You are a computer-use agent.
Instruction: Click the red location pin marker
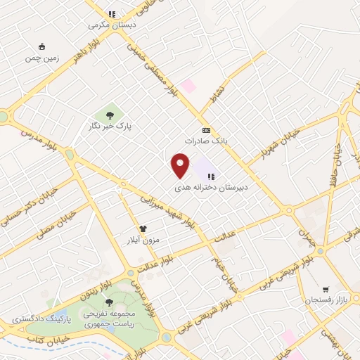click(181, 166)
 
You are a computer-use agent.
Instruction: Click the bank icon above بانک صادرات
click(206, 130)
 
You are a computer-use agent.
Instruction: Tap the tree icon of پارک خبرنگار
click(110, 114)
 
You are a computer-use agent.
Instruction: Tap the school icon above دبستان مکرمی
click(111, 13)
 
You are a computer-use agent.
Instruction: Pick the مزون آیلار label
click(145, 240)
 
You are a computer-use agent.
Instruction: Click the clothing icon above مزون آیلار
click(143, 229)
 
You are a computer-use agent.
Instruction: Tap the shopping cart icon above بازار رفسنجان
click(325, 288)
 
